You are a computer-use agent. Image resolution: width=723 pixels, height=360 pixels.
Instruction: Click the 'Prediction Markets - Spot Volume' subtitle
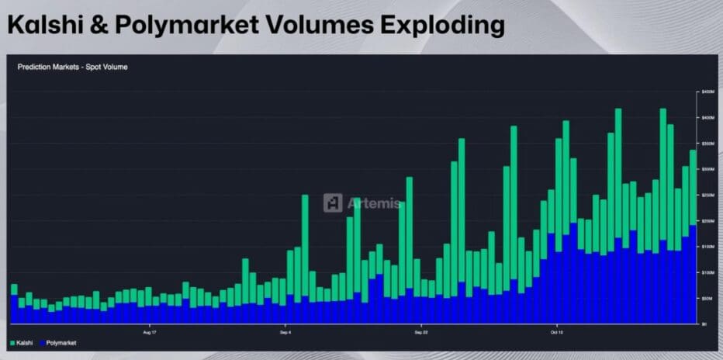click(x=72, y=67)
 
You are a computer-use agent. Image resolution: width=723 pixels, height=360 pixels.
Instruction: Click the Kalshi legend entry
click(x=23, y=342)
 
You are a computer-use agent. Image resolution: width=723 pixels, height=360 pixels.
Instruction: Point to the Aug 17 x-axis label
click(x=150, y=331)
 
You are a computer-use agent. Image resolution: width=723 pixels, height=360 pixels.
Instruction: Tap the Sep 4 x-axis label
click(x=285, y=331)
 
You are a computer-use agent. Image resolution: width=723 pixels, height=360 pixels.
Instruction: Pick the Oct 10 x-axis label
click(x=556, y=331)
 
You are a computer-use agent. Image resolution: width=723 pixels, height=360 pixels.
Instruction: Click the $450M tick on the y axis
click(x=707, y=92)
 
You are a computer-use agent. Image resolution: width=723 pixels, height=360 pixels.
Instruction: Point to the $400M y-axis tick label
click(x=707, y=117)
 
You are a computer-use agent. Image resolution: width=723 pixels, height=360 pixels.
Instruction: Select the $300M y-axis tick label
click(x=707, y=169)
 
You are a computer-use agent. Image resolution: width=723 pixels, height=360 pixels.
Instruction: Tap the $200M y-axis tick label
click(x=707, y=221)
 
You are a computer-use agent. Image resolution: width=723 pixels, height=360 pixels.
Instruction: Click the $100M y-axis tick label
click(x=707, y=272)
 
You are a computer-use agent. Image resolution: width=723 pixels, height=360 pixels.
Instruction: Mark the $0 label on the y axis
click(x=704, y=324)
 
